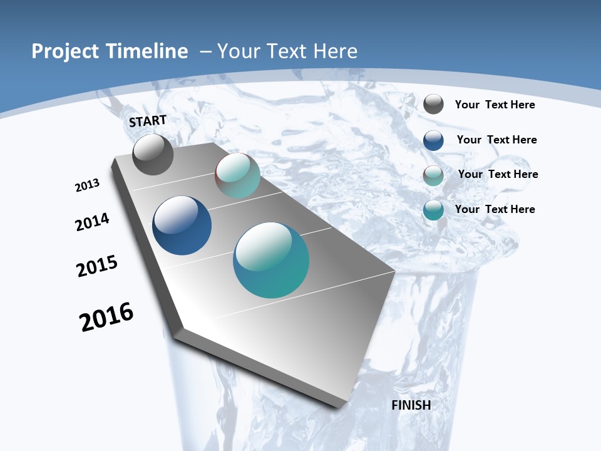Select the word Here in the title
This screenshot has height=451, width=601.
pos(335,51)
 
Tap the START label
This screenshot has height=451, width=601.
pos(148,121)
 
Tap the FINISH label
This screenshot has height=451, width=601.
pos(411,405)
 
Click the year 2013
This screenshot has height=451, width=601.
pos(88,185)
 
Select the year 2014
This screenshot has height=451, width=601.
pos(93,222)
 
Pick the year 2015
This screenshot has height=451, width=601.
pos(97,266)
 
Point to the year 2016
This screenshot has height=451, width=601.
pos(106,317)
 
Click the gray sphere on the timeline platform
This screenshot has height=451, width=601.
pos(153,154)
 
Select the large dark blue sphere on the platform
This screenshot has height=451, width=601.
pos(182,225)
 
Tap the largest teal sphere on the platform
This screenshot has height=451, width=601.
pos(271,260)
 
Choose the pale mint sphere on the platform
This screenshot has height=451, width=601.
pos(237,175)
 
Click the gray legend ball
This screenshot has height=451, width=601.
pos(433,104)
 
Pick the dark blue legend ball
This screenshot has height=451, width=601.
pos(433,140)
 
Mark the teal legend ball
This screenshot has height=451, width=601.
pos(433,210)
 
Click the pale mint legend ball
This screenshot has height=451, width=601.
pos(433,175)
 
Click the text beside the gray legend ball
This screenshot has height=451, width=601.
pos(495,105)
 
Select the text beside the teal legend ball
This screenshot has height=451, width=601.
pos(495,209)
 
